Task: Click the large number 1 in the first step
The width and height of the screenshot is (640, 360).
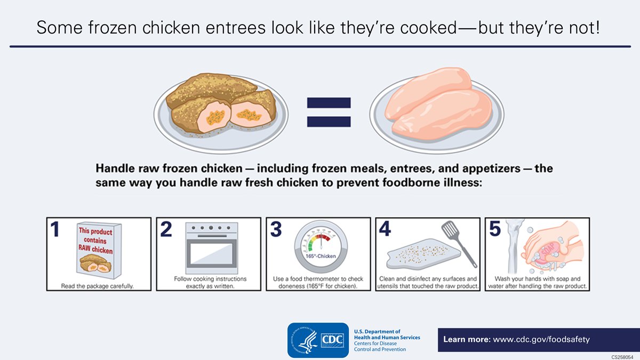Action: point(55,230)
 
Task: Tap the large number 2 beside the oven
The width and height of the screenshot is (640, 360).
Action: point(166,230)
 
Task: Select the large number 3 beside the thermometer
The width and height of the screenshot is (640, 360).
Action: point(276,230)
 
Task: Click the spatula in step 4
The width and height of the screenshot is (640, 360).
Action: point(459,243)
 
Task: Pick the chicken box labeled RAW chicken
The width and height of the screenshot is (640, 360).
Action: point(95,250)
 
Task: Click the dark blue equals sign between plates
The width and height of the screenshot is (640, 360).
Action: point(329,112)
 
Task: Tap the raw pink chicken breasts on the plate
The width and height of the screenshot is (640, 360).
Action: point(435,103)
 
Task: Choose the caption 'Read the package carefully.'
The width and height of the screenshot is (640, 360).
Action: point(97,286)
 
